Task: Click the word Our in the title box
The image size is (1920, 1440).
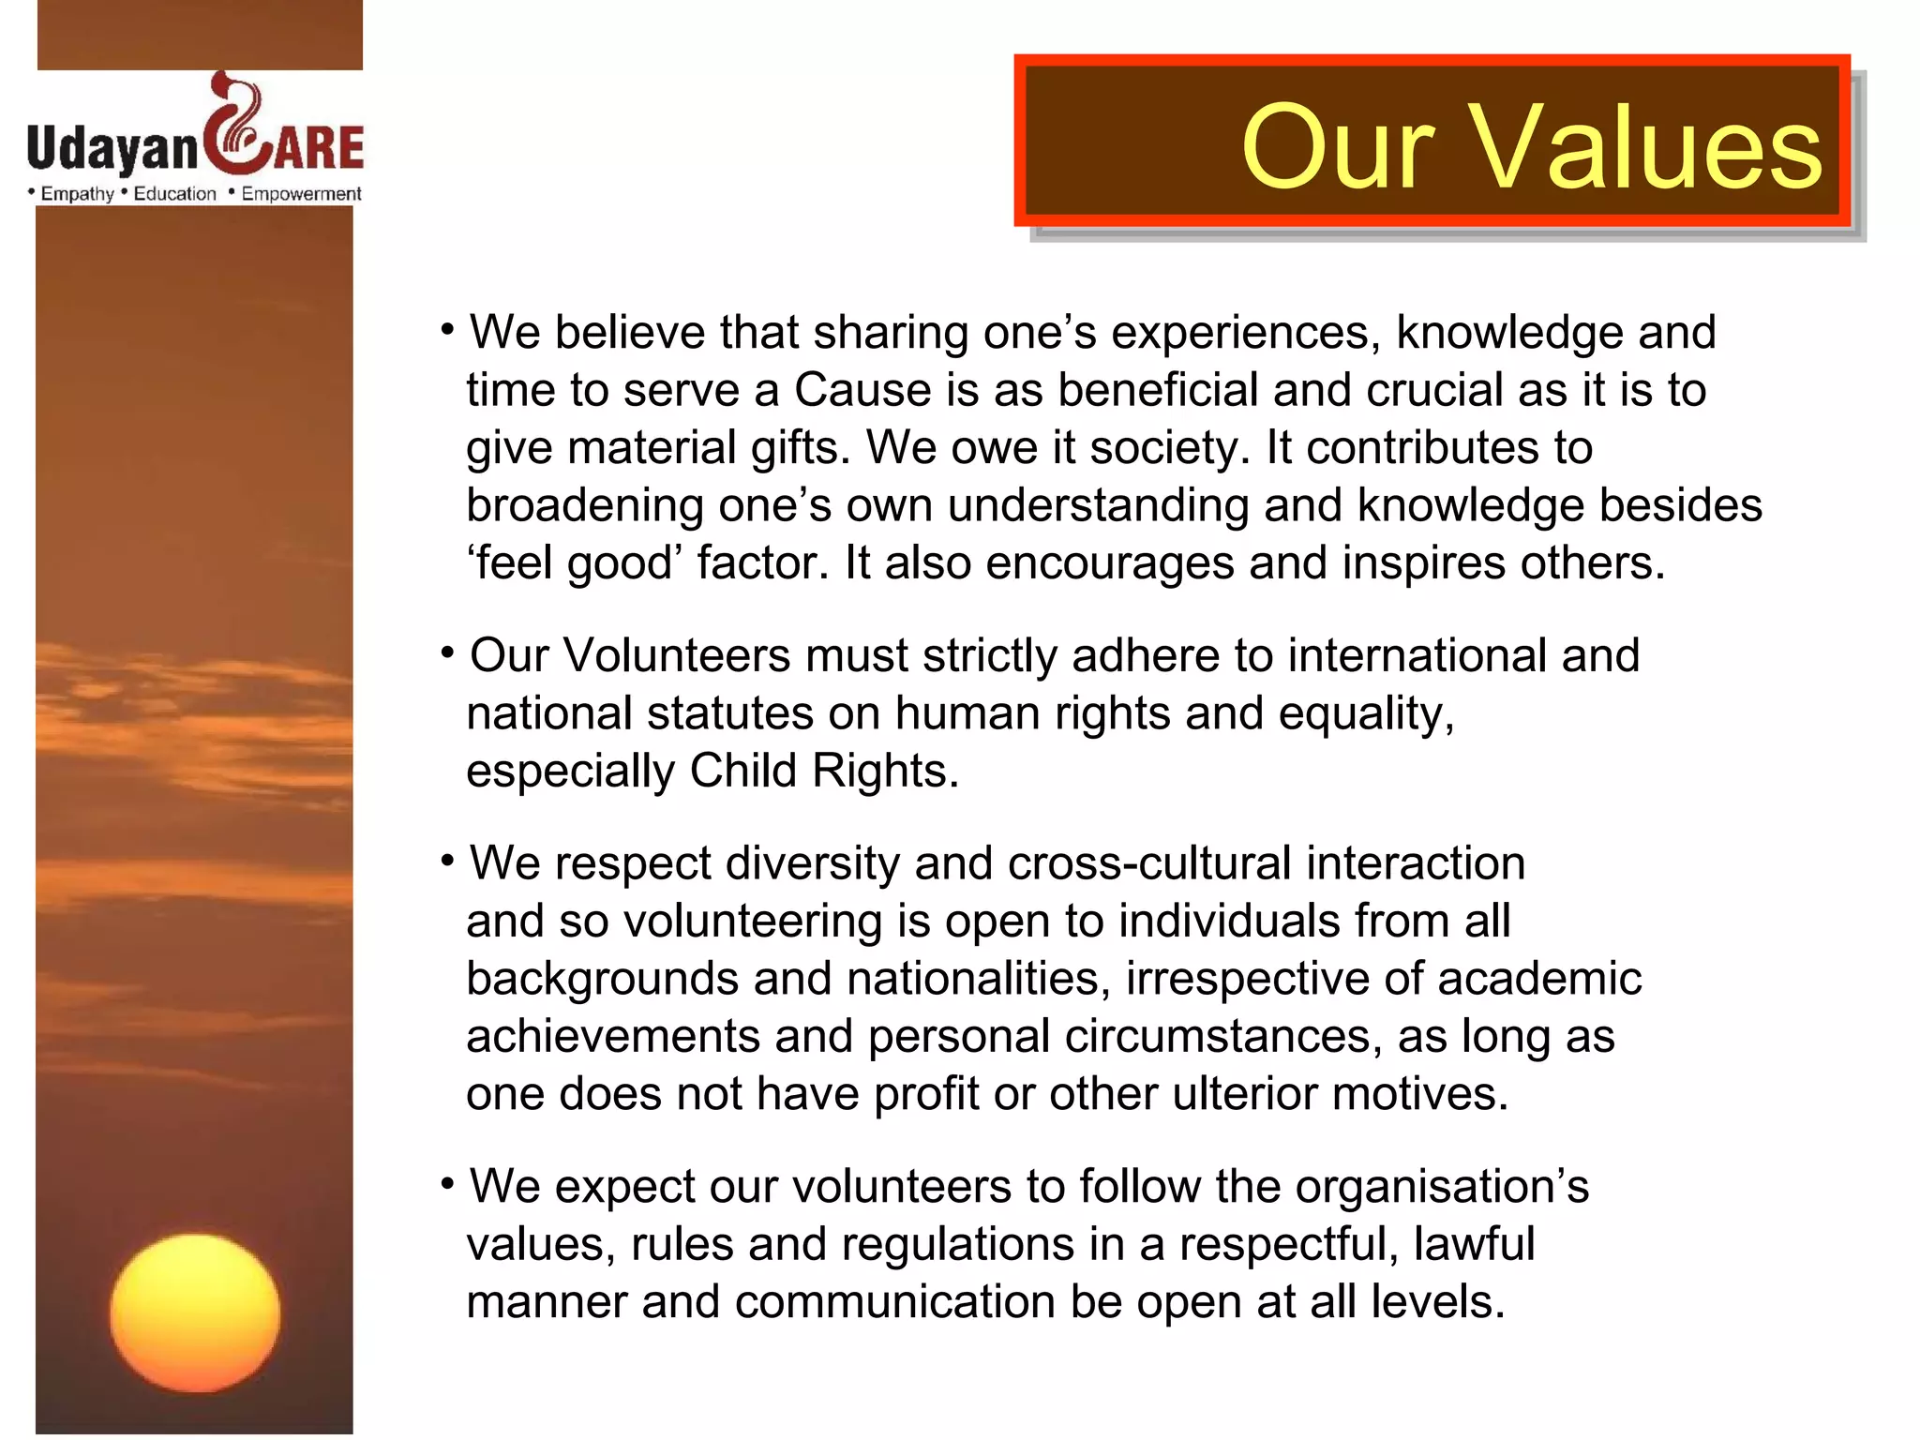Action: [1339, 147]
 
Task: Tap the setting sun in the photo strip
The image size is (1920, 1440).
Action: [195, 1312]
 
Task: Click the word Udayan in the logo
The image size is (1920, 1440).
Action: [112, 148]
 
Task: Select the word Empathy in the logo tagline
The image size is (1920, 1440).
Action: [77, 194]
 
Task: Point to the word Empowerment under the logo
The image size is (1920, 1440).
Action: [301, 194]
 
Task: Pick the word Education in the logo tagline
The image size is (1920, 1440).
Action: [174, 194]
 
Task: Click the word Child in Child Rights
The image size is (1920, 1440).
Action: [743, 771]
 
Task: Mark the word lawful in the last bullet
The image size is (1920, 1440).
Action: [1474, 1245]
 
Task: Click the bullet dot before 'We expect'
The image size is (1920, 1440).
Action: [448, 1183]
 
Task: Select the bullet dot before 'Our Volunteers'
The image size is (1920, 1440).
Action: [448, 652]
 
